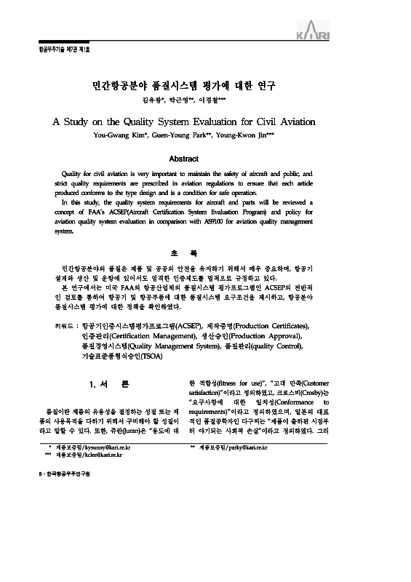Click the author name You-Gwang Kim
click(x=119, y=135)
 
